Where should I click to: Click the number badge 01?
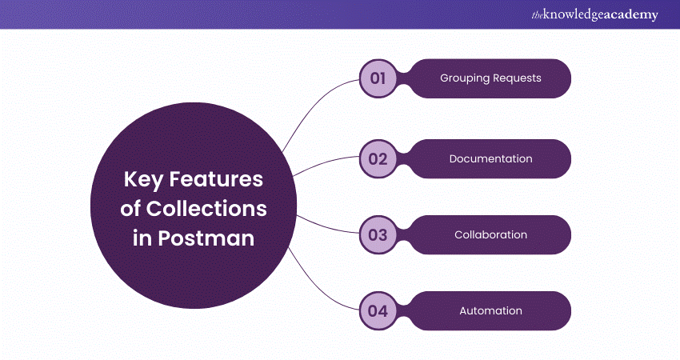(378, 79)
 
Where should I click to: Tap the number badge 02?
(378, 158)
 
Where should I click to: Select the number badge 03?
(378, 235)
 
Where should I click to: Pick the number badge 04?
(378, 311)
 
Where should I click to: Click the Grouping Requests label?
(490, 79)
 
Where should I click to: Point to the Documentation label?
(490, 158)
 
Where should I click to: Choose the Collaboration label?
(490, 235)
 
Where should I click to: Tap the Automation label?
(490, 311)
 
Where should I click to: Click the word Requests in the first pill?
(517, 79)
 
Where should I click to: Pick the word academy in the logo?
(632, 15)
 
